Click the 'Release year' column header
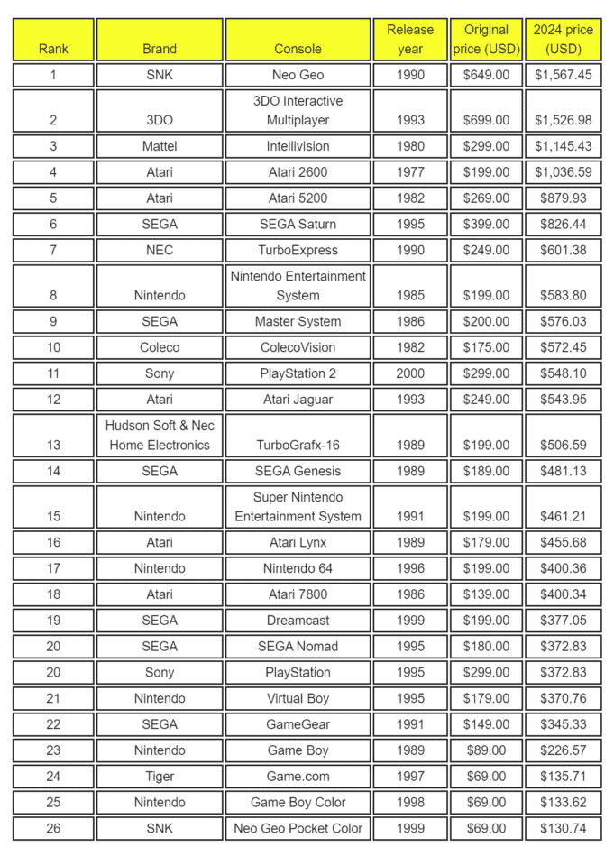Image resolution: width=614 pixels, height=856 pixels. tap(410, 40)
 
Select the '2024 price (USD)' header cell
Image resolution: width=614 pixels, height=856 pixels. tap(564, 40)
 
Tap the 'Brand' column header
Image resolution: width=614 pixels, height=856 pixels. tap(160, 40)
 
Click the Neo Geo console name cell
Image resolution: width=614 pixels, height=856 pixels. tap(298, 75)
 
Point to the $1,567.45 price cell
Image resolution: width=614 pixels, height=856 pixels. tap(564, 75)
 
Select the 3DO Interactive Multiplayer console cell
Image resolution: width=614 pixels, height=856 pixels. tap(298, 111)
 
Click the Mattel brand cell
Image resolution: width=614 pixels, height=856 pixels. tap(160, 146)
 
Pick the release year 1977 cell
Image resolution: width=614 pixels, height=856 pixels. tap(410, 172)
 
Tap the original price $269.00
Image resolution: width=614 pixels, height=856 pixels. tap(486, 198)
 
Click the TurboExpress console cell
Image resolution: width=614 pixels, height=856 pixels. tap(298, 250)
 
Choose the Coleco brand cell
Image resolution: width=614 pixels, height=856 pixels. tap(160, 347)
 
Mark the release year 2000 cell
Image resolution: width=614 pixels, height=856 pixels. tap(410, 373)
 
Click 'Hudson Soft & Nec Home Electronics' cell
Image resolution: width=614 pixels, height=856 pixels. tap(160, 435)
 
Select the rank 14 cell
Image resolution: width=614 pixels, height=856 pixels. tap(53, 471)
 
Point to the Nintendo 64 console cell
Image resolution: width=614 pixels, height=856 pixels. tap(298, 568)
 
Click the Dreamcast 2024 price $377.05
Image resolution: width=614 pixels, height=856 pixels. tap(564, 621)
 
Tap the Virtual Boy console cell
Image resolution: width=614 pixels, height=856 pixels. tap(298, 698)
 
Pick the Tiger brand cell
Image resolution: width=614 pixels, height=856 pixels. tap(160, 777)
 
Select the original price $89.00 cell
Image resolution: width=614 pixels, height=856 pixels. tap(486, 750)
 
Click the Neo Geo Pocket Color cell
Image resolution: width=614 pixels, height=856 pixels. tap(298, 828)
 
